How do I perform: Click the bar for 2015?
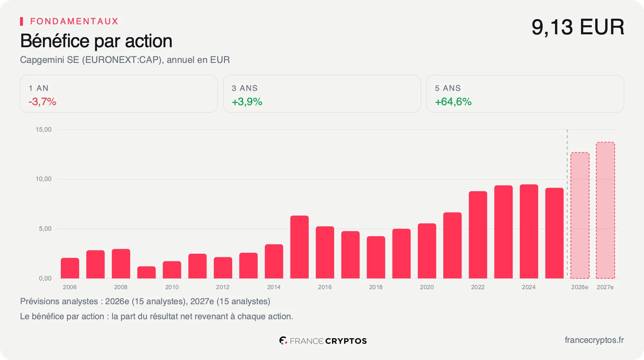299,247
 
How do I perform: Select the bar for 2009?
147,272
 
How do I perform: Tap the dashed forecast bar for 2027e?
605,210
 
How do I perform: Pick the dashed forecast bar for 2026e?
580,215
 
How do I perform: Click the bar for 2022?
478,235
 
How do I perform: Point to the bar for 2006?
70,268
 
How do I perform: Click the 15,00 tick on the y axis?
43,129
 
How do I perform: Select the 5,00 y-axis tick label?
45,229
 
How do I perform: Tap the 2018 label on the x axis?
376,287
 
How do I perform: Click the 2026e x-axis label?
580,287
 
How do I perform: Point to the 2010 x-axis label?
171,287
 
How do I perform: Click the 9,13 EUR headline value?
578,27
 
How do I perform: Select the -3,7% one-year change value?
43,101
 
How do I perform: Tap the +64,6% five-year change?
453,101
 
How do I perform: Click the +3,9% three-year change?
247,101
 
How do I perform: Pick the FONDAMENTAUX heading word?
74,21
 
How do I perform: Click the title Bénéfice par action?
96,41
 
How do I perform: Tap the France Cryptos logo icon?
283,340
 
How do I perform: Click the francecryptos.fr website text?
594,340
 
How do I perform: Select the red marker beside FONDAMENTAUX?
22,21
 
